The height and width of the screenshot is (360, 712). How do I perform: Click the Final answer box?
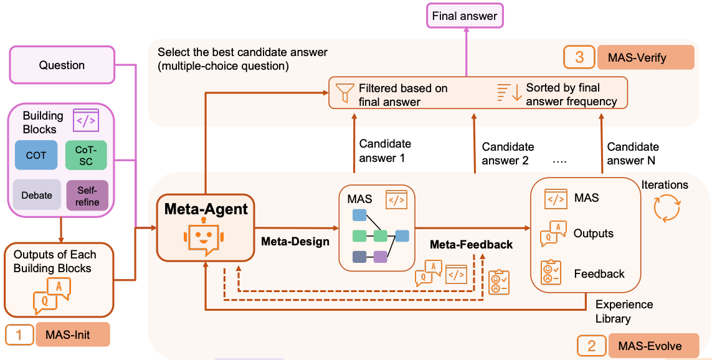pyautogui.click(x=465, y=16)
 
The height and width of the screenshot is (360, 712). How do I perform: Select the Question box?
pyautogui.click(x=62, y=65)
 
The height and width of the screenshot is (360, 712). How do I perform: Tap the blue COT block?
pyautogui.click(x=36, y=155)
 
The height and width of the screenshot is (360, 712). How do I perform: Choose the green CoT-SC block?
pyautogui.click(x=87, y=155)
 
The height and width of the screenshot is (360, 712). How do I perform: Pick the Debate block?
pyautogui.click(x=37, y=195)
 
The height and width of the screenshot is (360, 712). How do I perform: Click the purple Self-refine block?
pyautogui.click(x=87, y=196)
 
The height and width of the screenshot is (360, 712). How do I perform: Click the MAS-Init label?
pyautogui.click(x=72, y=334)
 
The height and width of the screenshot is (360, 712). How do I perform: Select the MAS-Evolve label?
pyautogui.click(x=649, y=346)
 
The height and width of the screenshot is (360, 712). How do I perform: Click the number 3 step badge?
pyautogui.click(x=580, y=58)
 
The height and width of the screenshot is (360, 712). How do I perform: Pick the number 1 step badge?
pyautogui.click(x=19, y=334)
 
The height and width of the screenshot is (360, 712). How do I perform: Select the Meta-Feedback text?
pyautogui.click(x=471, y=245)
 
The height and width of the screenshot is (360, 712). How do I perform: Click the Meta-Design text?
pyautogui.click(x=295, y=242)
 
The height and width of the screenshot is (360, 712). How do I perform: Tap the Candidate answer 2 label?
pyautogui.click(x=508, y=153)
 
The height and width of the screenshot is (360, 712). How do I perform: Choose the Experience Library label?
pyautogui.click(x=624, y=311)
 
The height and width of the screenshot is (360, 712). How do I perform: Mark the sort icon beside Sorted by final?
pyautogui.click(x=509, y=93)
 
